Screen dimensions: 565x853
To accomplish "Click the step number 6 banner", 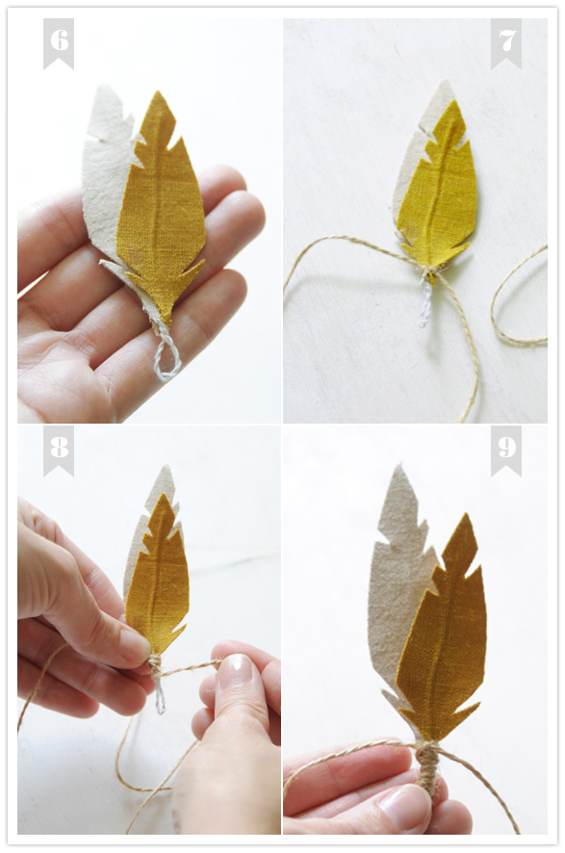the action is pos(58,43).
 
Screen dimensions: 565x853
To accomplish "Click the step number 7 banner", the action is pos(505,43).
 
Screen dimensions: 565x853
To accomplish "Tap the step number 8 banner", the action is pos(58,451).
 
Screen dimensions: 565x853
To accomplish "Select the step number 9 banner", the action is pos(505,451).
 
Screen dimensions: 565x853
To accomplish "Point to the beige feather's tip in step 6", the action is pos(101,87).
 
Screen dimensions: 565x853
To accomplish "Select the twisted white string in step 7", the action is pos(424,303).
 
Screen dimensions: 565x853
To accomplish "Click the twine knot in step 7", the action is pos(430,272).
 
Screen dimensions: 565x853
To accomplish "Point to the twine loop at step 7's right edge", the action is pos(517,297).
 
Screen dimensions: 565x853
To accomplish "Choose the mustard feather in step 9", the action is pos(442,631).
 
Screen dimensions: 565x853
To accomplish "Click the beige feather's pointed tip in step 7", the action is pos(446,81).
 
